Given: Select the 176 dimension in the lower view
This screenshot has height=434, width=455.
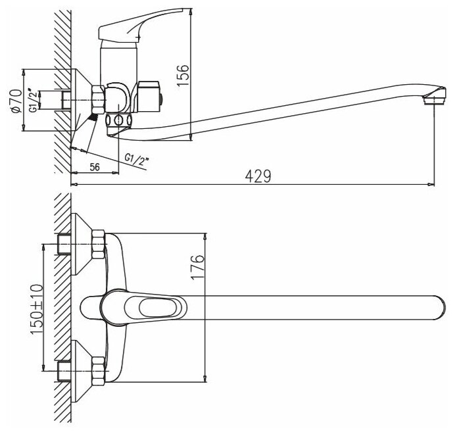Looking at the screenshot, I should pos(199,268).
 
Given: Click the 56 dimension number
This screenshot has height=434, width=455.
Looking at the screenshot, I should pos(94,167).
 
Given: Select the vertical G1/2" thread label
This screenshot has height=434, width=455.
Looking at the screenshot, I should pos(32,101).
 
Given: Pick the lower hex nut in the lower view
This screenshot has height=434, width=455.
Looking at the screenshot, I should pos(99,370).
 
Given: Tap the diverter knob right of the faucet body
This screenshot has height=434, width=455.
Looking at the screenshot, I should pos(151,96).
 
